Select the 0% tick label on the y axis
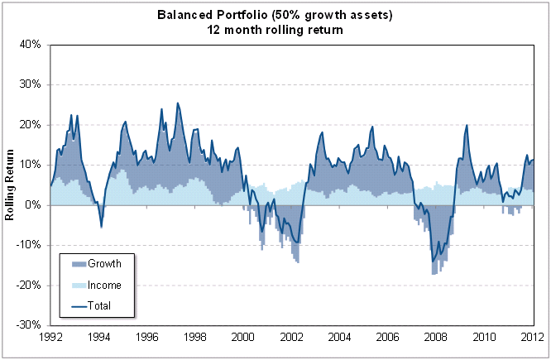(x=34, y=204)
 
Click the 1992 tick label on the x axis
(x=50, y=337)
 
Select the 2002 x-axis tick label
(x=291, y=337)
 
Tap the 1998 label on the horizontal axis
(x=195, y=337)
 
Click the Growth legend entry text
(x=105, y=264)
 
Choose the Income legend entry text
(x=105, y=285)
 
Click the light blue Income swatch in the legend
(x=76, y=285)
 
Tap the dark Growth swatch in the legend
(x=76, y=264)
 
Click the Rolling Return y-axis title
(x=11, y=184)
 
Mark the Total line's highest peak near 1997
(x=177, y=103)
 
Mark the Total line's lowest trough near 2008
(x=433, y=262)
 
